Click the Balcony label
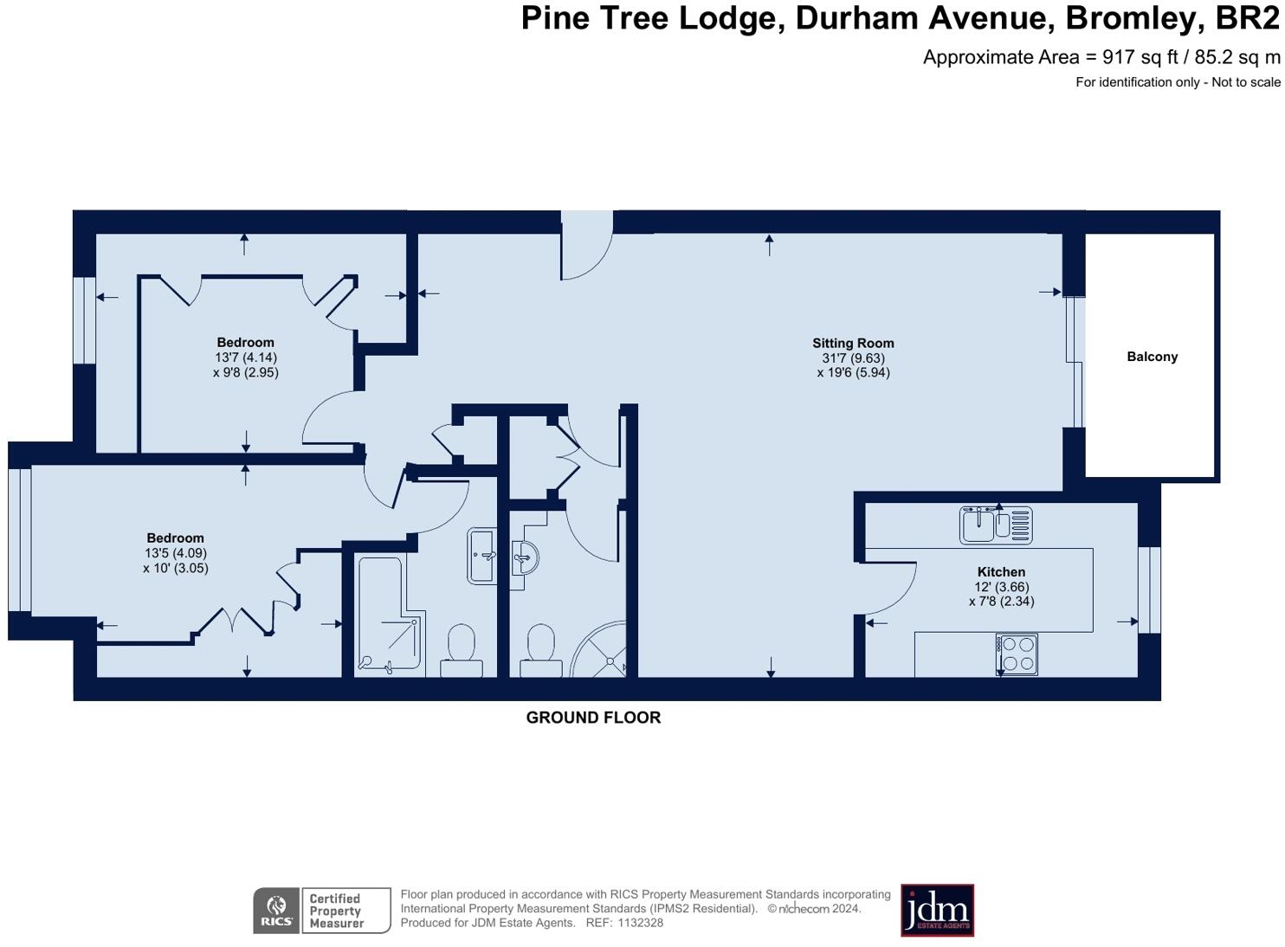pos(1152,357)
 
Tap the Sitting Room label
pos(852,343)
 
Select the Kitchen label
pos(1001,572)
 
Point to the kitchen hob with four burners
pos(1017,654)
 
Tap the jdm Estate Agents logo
pos(937,910)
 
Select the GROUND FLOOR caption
pos(593,718)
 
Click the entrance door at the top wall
pos(586,246)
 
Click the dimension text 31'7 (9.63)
pos(853,358)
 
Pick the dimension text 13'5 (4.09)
pos(176,553)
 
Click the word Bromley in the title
pos(1125,18)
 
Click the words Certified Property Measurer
pos(336,911)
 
